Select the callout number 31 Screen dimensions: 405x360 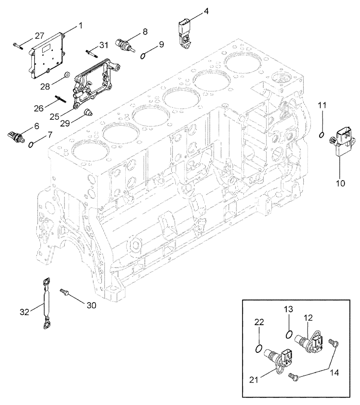[104, 45]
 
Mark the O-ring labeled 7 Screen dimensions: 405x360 [32, 144]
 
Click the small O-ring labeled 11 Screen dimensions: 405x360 [321, 135]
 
